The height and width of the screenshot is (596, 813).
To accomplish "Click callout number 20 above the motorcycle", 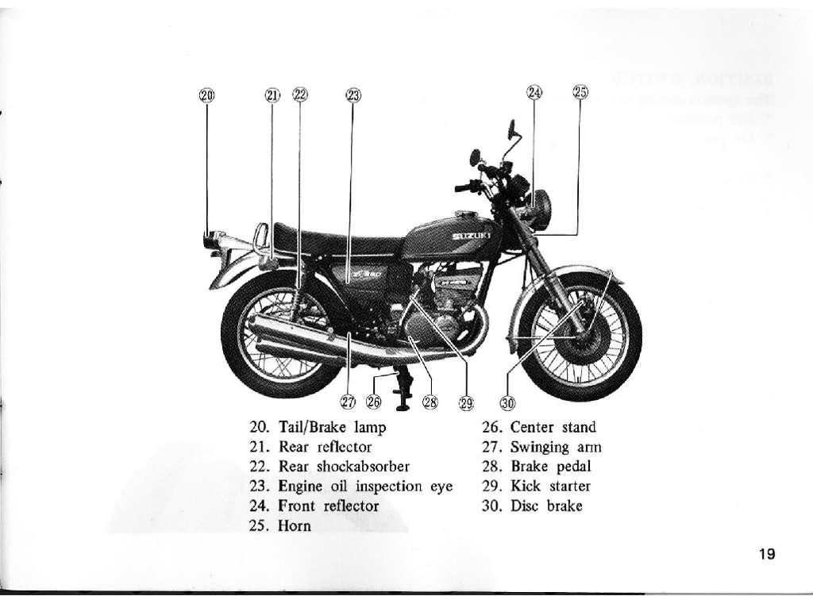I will pos(206,96).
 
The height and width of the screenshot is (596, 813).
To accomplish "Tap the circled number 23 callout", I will pos(353,96).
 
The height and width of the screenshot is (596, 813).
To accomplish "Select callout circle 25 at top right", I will pos(580,92).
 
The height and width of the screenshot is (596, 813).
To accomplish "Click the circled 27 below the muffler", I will pos(348,402).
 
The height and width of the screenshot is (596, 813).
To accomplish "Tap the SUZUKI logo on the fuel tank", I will pos(471,236).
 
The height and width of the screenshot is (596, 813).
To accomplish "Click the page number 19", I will pos(766,554).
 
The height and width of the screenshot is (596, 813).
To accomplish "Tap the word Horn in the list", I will pos(295,526).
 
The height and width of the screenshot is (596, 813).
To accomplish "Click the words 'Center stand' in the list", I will pos(553,428).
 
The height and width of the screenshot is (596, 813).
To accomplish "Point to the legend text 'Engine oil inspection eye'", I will pos(365,486).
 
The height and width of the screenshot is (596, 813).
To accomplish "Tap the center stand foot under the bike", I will pos(403,406).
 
